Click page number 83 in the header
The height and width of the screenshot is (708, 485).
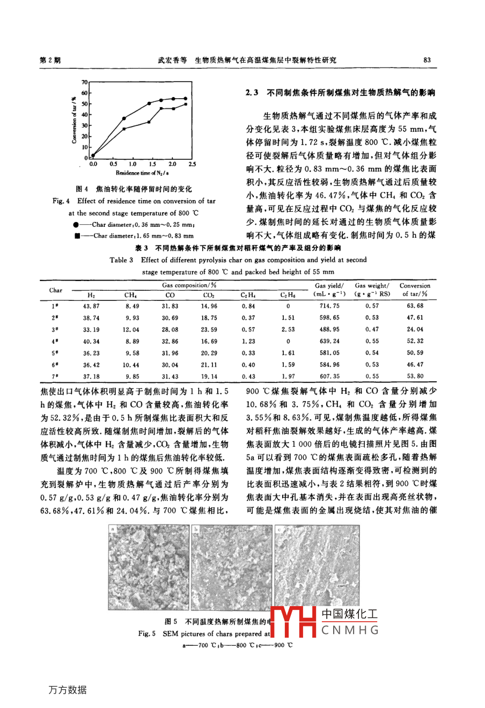coord(427,60)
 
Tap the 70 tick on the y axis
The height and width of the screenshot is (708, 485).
coord(84,82)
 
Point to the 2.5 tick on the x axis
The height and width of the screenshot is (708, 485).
coord(192,164)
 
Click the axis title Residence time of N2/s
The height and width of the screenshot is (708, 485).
coord(143,173)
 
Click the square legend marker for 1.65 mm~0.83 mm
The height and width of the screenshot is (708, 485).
coord(77,235)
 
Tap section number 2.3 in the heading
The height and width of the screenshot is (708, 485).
coord(252,93)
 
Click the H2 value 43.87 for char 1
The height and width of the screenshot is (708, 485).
coord(91,306)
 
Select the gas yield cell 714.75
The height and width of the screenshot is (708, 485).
coord(329,306)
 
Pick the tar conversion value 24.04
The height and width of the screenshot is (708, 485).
coord(415,329)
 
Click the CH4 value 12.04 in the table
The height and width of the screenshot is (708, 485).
coord(130,330)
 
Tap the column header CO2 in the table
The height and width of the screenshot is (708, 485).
coord(209,295)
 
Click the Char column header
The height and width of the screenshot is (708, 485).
coord(56,290)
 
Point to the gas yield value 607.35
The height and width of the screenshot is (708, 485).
coord(329,377)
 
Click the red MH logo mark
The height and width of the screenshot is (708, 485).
coord(292,622)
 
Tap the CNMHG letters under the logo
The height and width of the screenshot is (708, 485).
coord(350,630)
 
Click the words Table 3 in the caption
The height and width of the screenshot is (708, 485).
coord(121,260)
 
